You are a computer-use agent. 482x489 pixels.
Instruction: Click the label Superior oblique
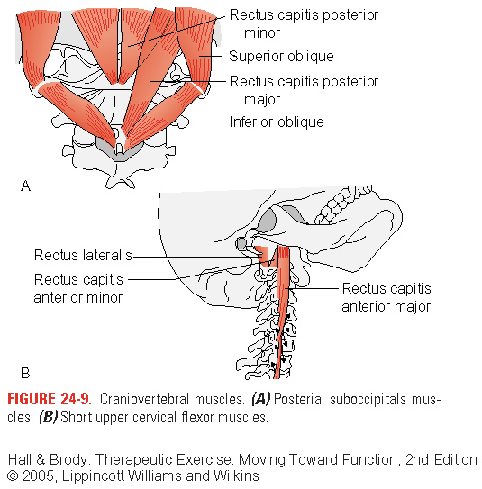pyautogui.click(x=281, y=57)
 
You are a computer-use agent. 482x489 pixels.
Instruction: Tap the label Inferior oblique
pyautogui.click(x=277, y=122)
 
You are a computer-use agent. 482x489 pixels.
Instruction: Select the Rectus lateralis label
pyautogui.click(x=83, y=255)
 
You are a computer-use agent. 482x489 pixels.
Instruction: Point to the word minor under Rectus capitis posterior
pyautogui.click(x=262, y=33)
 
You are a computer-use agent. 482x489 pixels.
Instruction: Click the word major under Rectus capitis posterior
pyautogui.click(x=262, y=100)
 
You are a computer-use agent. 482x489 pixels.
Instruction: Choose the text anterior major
pyautogui.click(x=387, y=306)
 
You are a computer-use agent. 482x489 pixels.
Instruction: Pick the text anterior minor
pyautogui.click(x=78, y=297)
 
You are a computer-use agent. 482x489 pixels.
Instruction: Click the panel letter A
pyautogui.click(x=25, y=186)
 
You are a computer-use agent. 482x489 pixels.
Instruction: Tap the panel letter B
pyautogui.click(x=25, y=373)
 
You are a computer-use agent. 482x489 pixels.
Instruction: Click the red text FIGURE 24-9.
pyautogui.click(x=50, y=399)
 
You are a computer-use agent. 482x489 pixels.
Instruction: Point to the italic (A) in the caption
pyautogui.click(x=261, y=399)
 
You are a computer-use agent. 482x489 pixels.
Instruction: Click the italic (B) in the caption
pyautogui.click(x=49, y=417)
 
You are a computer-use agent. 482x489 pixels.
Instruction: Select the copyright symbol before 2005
pyautogui.click(x=13, y=476)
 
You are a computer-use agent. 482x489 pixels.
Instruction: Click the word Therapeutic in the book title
pyautogui.click(x=134, y=459)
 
